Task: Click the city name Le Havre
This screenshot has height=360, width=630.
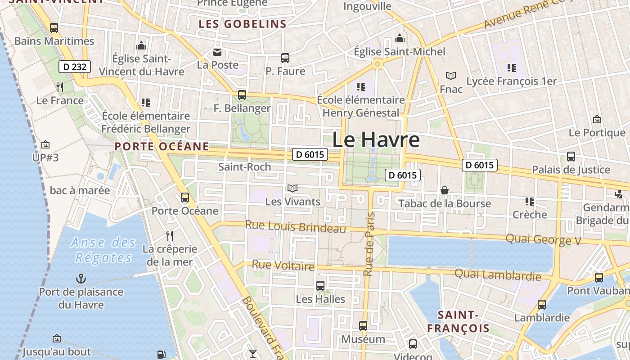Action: point(376,140)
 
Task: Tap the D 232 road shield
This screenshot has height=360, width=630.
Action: point(75,67)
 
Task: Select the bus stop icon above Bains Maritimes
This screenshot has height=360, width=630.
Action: point(54,28)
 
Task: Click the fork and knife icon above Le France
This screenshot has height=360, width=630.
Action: point(60,87)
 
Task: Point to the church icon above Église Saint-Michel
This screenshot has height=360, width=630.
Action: point(399,38)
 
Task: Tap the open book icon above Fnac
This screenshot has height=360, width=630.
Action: point(450,76)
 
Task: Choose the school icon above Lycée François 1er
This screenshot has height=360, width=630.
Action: point(512,68)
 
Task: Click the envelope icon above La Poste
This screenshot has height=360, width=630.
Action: point(218,52)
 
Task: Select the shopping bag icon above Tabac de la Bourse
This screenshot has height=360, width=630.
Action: point(445,190)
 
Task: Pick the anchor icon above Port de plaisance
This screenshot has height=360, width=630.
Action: point(81,279)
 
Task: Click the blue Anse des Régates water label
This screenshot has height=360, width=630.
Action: point(103,250)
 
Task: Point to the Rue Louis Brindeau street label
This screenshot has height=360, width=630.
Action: point(296,226)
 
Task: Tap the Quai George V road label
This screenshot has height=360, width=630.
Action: point(544,239)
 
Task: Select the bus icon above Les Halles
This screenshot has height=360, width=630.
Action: point(320,285)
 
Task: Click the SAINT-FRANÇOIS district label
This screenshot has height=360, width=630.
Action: point(458,321)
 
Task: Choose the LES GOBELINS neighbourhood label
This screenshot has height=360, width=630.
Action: point(243,24)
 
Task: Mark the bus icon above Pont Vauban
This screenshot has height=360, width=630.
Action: point(599,277)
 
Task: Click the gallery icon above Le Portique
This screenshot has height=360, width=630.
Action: point(597,120)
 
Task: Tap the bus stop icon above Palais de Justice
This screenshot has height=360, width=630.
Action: point(571,157)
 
